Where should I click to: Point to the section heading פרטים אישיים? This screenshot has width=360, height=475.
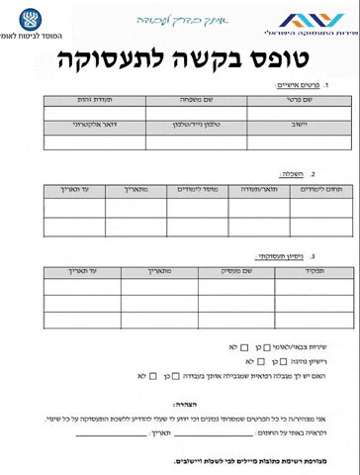click(x=298, y=86)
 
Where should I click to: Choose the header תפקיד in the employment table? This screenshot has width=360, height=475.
click(x=314, y=269)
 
